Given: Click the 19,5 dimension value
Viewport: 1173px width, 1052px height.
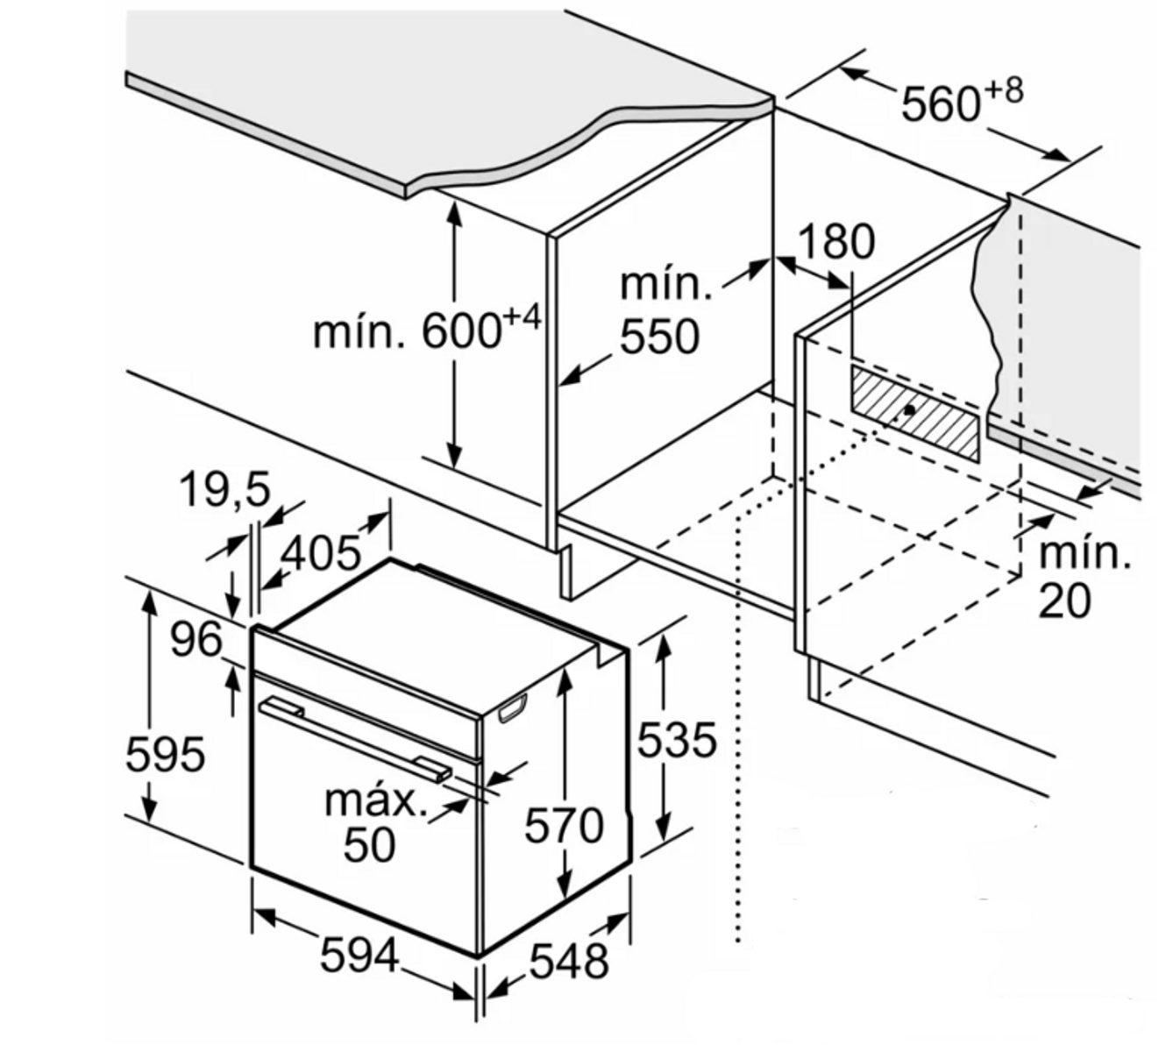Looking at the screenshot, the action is pyautogui.click(x=225, y=489).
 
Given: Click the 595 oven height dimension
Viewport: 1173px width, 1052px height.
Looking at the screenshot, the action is pyautogui.click(x=166, y=754).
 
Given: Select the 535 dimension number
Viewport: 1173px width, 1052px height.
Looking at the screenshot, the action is pyautogui.click(x=677, y=739).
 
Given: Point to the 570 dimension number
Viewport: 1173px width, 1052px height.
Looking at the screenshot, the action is pyautogui.click(x=564, y=825).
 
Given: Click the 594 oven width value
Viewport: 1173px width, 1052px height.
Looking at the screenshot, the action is pyautogui.click(x=359, y=955).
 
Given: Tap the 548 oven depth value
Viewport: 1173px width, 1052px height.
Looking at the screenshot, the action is pyautogui.click(x=570, y=961).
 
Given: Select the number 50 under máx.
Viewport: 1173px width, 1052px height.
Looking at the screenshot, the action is pyautogui.click(x=369, y=845).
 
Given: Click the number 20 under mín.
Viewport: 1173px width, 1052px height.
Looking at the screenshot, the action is pyautogui.click(x=1065, y=601).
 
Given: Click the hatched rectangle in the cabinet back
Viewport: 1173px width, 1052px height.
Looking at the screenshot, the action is pyautogui.click(x=915, y=413).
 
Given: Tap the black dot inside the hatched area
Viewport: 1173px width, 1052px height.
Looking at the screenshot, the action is pyautogui.click(x=910, y=410).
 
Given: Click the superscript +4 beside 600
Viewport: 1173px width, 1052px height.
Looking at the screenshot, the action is pyautogui.click(x=521, y=317).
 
